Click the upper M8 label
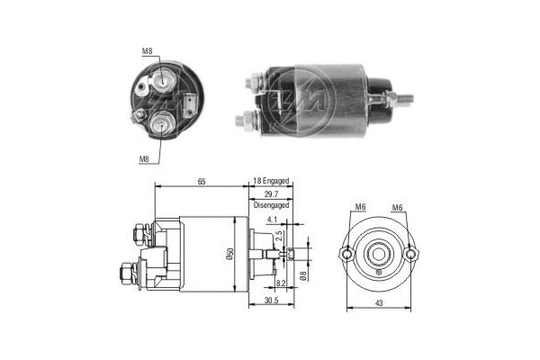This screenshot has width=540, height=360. point(148,51)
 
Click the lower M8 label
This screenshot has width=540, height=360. point(142,158)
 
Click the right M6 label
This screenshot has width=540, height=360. point(397,209)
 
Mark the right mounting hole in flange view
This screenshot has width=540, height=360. point(410,254)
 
